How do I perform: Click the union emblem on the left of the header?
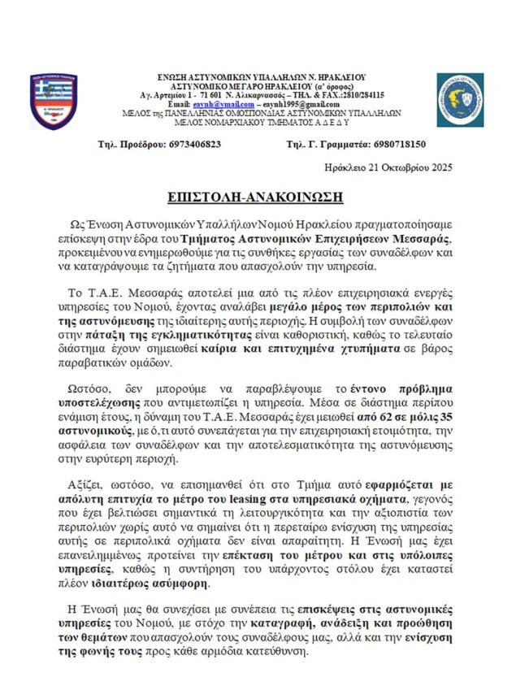[54, 102]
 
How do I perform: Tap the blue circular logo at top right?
[459, 101]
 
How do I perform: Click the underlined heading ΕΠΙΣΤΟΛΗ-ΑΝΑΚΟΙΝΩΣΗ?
[257, 198]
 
